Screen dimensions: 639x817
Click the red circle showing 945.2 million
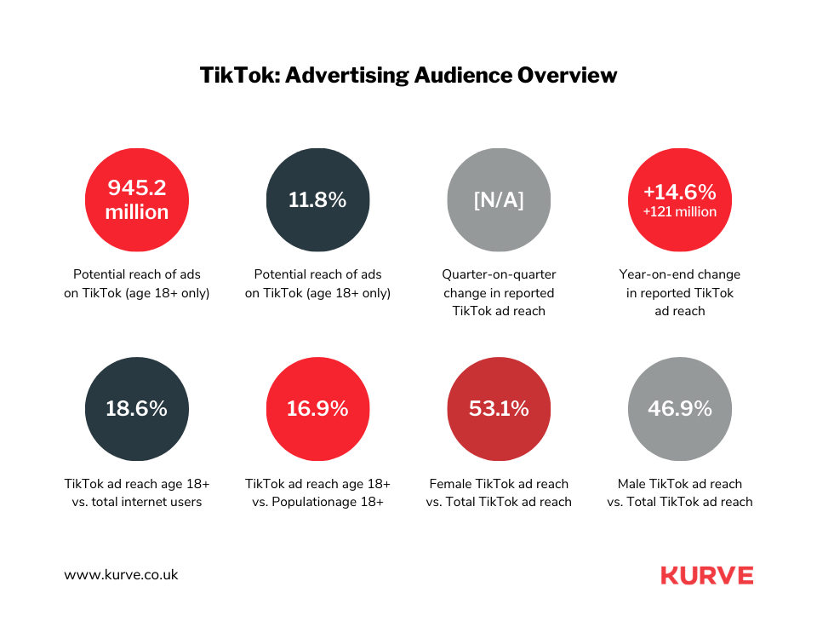[137, 200]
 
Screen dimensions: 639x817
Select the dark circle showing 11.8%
[318, 200]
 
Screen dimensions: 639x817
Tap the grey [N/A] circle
[499, 200]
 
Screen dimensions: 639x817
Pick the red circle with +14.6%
[679, 200]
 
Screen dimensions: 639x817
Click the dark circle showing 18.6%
[137, 409]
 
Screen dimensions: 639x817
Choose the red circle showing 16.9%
[318, 409]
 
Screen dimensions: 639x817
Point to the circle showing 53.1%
[499, 409]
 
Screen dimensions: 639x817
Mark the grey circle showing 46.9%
[679, 409]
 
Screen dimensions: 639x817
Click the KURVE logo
[706, 576]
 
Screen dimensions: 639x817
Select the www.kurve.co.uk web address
[121, 575]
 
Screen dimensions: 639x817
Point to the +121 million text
[679, 212]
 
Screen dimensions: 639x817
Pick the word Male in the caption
[633, 484]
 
